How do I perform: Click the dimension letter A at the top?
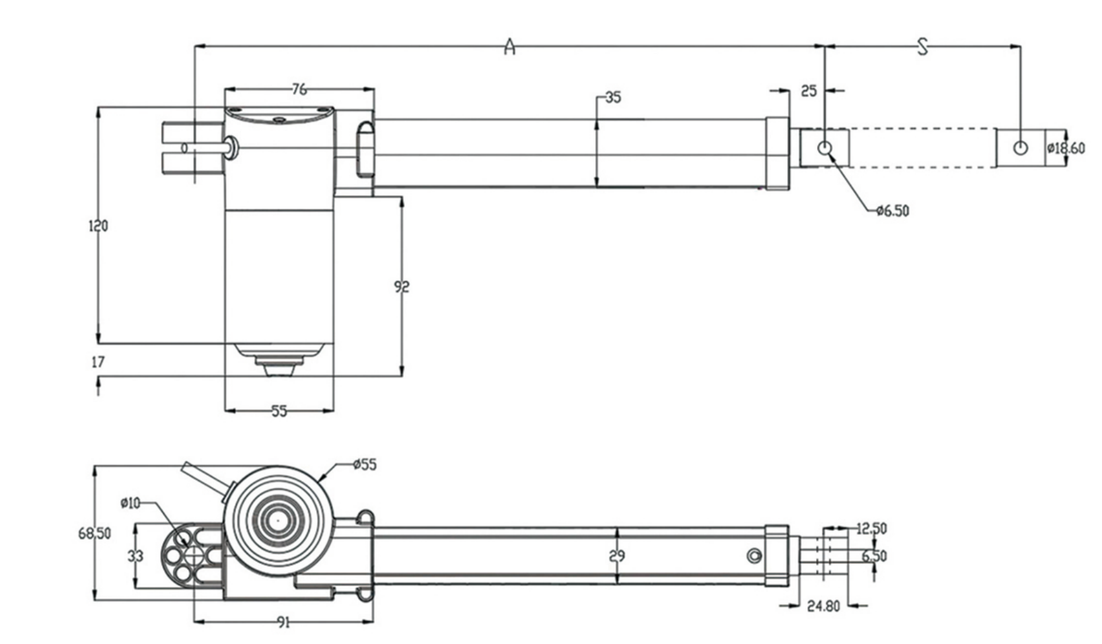click(510, 47)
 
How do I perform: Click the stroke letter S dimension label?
click(923, 46)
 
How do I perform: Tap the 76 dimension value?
click(299, 89)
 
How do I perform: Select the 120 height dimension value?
click(98, 226)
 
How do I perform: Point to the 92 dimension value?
click(401, 287)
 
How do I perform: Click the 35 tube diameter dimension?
click(613, 98)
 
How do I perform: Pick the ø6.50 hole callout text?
click(893, 211)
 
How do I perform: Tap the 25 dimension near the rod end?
click(809, 90)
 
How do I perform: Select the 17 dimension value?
click(98, 362)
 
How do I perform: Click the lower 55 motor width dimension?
click(279, 410)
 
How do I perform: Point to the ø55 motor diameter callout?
click(365, 464)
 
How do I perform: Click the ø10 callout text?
click(131, 503)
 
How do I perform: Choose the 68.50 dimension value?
click(95, 534)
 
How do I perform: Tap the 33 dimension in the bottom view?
click(136, 557)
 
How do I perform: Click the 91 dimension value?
click(283, 622)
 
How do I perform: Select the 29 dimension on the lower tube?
click(616, 556)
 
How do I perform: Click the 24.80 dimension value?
click(823, 606)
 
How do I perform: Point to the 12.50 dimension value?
click(871, 529)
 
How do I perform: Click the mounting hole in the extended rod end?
click(1021, 148)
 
